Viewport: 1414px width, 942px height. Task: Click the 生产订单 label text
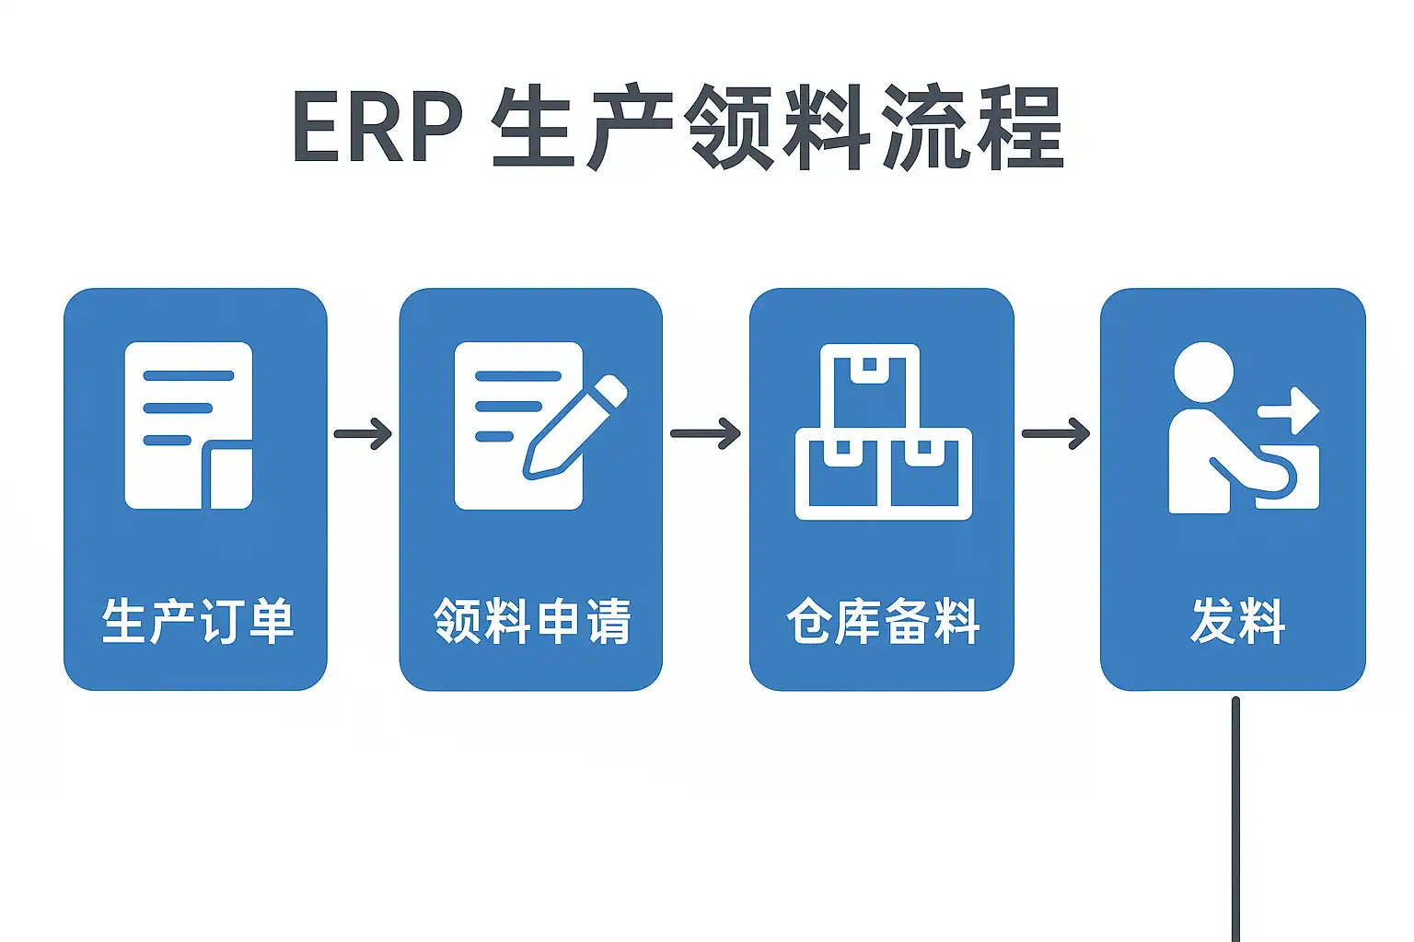pyautogui.click(x=197, y=621)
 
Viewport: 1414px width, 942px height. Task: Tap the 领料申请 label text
pyautogui.click(x=531, y=621)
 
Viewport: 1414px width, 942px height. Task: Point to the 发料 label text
pyautogui.click(x=1236, y=621)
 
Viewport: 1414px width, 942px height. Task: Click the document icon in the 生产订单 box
pyautogui.click(x=189, y=425)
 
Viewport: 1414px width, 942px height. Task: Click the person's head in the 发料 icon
pyautogui.click(x=1203, y=372)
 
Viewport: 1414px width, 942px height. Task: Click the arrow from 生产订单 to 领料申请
pyautogui.click(x=363, y=433)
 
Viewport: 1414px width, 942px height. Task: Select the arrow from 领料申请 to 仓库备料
pyautogui.click(x=705, y=433)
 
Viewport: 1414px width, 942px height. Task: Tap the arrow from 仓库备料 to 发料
pyautogui.click(x=1056, y=433)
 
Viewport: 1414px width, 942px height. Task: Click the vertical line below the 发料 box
pyautogui.click(x=1235, y=819)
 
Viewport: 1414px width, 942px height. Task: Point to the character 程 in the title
pyautogui.click(x=1020, y=128)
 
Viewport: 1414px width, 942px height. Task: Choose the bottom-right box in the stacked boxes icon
pyautogui.click(x=926, y=473)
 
